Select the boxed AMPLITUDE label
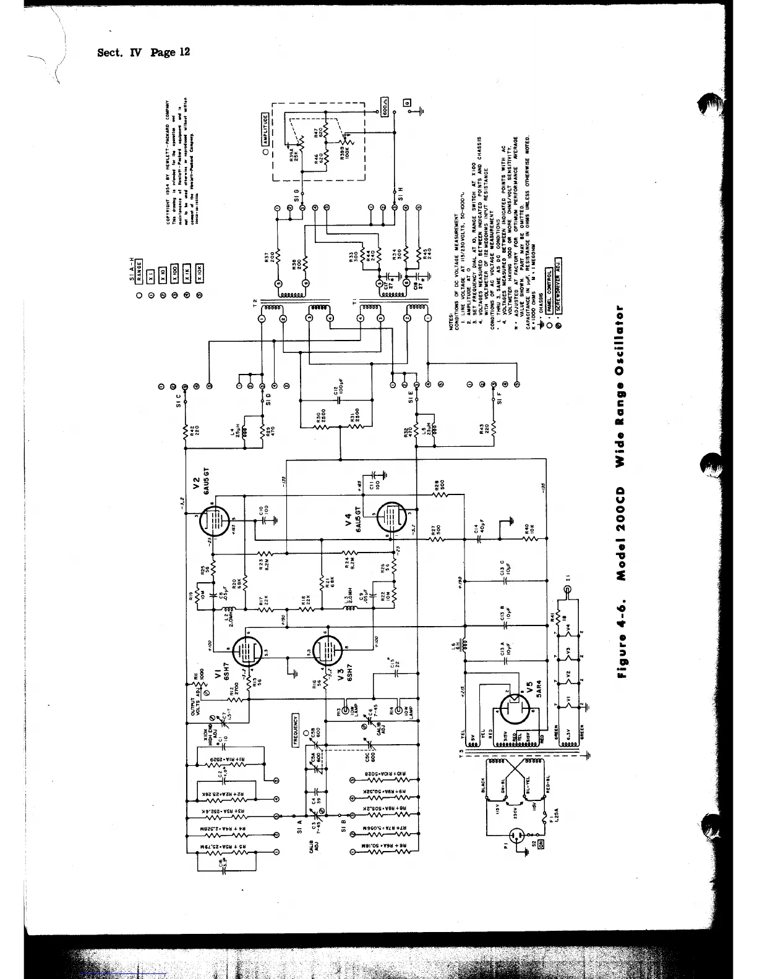pyautogui.click(x=265, y=129)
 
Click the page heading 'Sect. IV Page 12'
pyautogui.click(x=143, y=52)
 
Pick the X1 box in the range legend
pyautogui.click(x=149, y=275)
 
